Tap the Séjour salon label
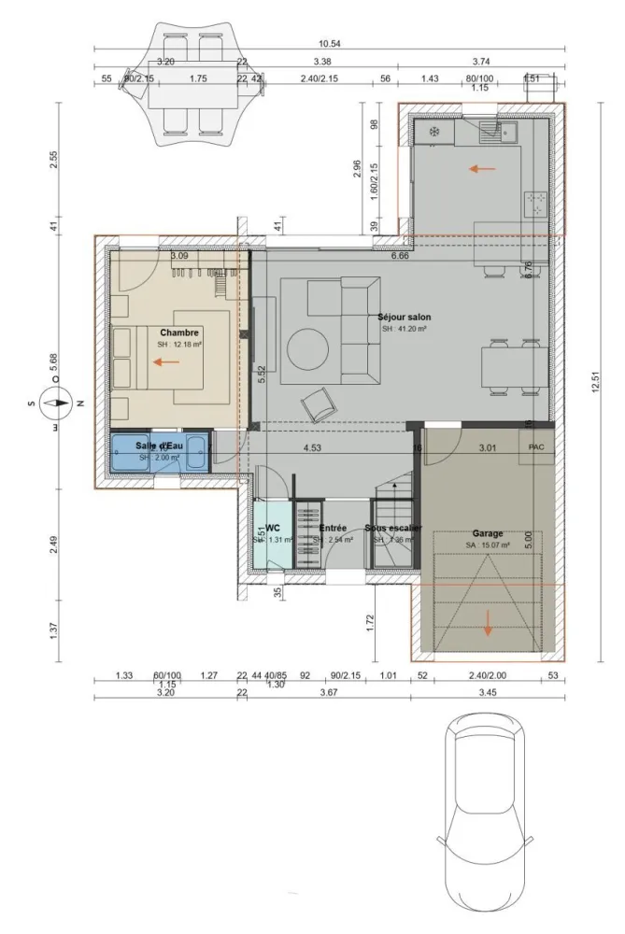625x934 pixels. coord(404,318)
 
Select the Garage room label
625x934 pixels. coord(487,534)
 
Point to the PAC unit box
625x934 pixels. coord(536,447)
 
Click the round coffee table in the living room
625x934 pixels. coord(307,352)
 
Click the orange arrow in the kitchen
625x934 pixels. coord(481,169)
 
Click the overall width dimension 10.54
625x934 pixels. coord(329,44)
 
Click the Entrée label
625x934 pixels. coord(333,529)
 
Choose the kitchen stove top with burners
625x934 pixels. coord(538,203)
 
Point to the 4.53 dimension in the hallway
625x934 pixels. coord(312,447)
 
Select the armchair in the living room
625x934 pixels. coord(318,405)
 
